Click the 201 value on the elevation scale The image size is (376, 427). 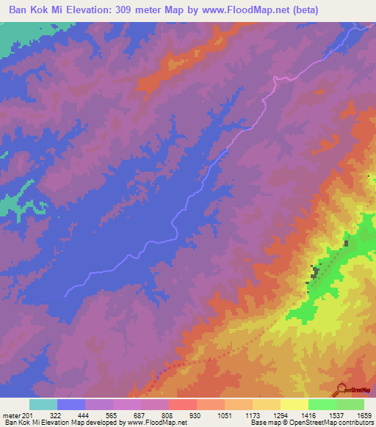(27, 416)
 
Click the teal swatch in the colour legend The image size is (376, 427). (43, 404)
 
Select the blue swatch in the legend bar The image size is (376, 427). (71, 404)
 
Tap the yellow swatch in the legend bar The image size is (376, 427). (294, 404)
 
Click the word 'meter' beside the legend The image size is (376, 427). (10, 416)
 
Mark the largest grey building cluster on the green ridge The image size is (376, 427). (317, 273)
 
